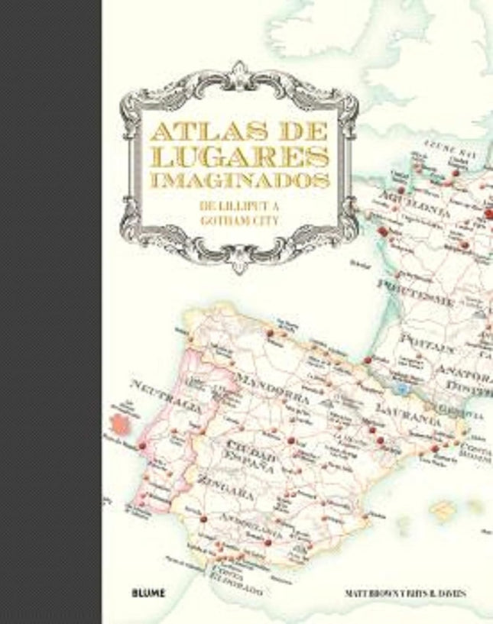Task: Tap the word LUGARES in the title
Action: (240, 155)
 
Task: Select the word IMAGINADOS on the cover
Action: (240, 180)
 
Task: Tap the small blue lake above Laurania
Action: (397, 389)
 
